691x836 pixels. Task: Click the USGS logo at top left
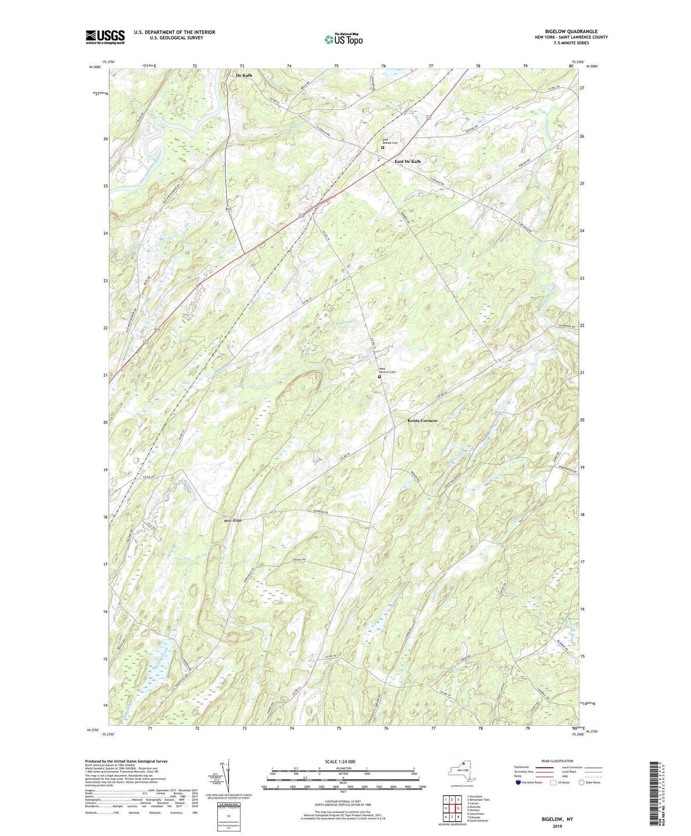(x=105, y=37)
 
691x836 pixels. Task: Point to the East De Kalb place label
(x=408, y=161)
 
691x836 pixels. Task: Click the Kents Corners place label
(x=422, y=421)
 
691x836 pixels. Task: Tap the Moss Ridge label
(x=233, y=521)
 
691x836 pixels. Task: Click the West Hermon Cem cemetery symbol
(x=380, y=377)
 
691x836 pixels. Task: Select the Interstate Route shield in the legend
(x=518, y=782)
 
